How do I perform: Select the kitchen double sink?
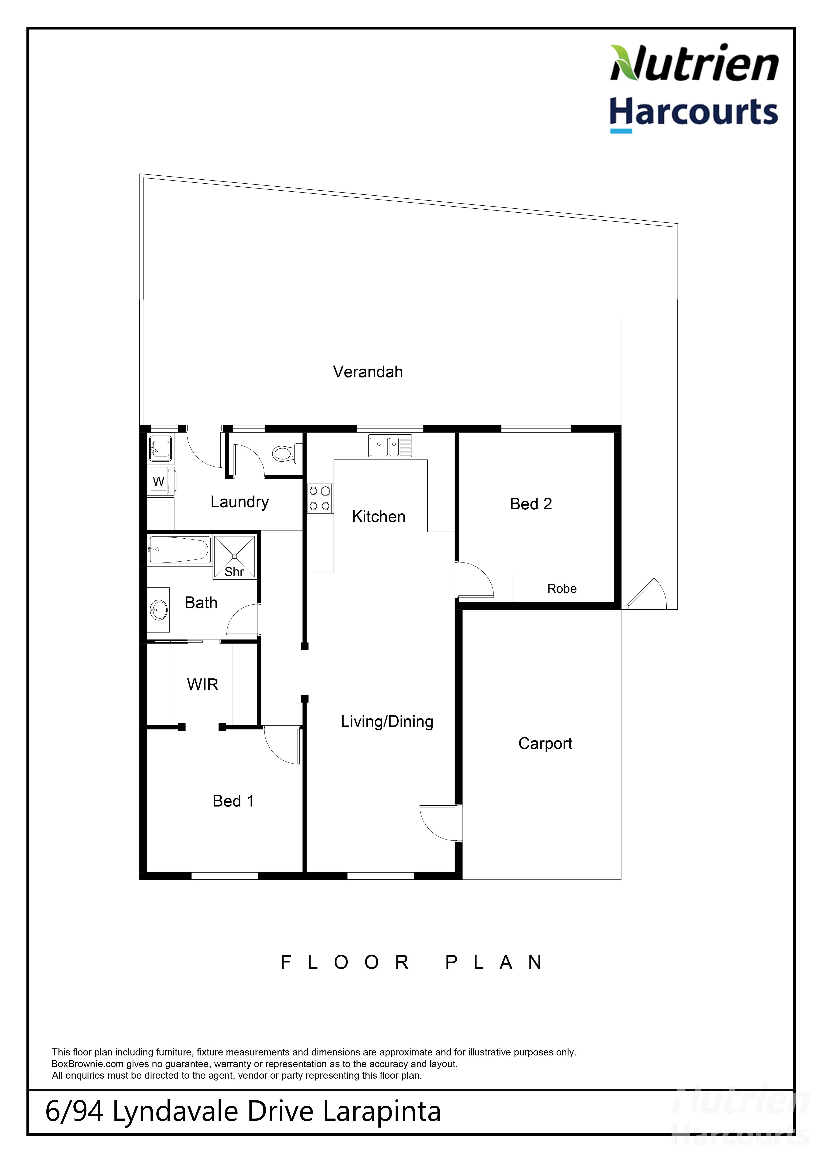pyautogui.click(x=390, y=446)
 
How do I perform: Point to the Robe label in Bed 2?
pyautogui.click(x=562, y=588)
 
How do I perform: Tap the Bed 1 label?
pyautogui.click(x=233, y=801)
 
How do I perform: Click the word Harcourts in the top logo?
pyautogui.click(x=693, y=112)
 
